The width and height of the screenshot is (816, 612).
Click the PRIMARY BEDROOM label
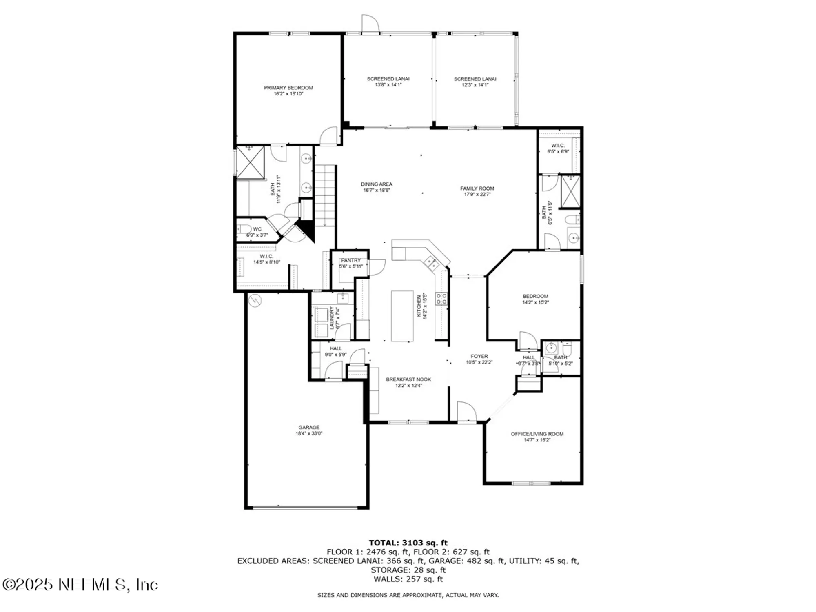[288, 88]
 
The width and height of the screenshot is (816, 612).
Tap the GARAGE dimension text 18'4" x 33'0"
[309, 433]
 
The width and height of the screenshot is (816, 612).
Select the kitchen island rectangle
[402, 316]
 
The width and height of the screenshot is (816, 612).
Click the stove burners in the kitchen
[441, 298]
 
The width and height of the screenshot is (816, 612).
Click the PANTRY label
[351, 260]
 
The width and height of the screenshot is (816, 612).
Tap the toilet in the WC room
[244, 229]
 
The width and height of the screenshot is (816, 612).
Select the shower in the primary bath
[251, 162]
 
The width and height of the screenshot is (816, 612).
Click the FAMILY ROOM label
[477, 188]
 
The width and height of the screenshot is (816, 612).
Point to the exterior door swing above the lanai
[370, 24]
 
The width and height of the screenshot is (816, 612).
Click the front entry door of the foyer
[466, 412]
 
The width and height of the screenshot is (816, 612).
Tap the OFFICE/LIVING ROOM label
[537, 434]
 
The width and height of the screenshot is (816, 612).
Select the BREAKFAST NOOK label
[408, 379]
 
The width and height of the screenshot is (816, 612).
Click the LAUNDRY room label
[332, 318]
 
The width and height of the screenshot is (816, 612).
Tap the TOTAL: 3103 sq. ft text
[408, 543]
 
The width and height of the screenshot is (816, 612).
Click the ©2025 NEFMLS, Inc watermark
[80, 585]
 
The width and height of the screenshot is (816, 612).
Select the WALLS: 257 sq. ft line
[408, 579]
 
